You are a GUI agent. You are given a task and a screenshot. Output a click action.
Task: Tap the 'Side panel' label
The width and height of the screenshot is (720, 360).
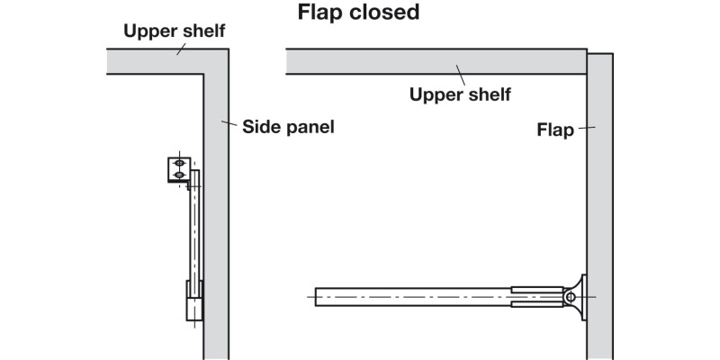pos(289,127)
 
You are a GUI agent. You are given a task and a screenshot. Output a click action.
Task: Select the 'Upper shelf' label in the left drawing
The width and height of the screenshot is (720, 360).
pos(175,31)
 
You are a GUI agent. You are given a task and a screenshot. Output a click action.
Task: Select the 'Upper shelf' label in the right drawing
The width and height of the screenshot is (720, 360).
pos(460,94)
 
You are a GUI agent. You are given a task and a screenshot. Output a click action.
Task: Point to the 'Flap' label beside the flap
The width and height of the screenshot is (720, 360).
pos(555,130)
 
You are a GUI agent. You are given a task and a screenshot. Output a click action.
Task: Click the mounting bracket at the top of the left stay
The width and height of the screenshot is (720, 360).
pos(176,169)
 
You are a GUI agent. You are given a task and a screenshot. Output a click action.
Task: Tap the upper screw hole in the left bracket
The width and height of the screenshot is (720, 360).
pos(179,163)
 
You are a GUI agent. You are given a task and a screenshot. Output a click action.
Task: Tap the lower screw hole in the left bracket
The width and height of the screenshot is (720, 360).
pos(179,174)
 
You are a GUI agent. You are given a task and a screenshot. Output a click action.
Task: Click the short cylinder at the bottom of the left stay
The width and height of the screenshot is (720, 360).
pos(193,301)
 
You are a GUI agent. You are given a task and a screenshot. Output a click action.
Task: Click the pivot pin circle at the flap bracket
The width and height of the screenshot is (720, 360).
pos(570,295)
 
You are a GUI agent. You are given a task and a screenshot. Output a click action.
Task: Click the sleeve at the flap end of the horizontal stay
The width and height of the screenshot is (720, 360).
pos(536,296)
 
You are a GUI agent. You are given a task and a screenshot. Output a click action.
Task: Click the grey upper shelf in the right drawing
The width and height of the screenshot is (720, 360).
pos(432,60)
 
